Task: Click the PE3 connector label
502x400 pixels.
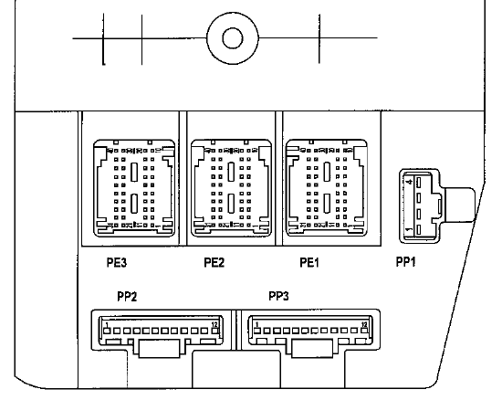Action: pyautogui.click(x=117, y=263)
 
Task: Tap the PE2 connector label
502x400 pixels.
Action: pyautogui.click(x=214, y=263)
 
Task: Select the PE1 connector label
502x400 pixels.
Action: pyautogui.click(x=309, y=263)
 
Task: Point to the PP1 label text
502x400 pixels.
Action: pyautogui.click(x=405, y=262)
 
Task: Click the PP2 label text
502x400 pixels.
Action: pyautogui.click(x=127, y=297)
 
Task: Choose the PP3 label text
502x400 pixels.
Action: pyautogui.click(x=278, y=296)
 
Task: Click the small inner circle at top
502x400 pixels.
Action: pyautogui.click(x=233, y=38)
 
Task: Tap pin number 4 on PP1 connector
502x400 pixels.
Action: pyautogui.click(x=409, y=183)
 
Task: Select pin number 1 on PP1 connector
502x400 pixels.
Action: pyautogui.click(x=409, y=229)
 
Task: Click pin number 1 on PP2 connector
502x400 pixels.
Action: pyautogui.click(x=107, y=325)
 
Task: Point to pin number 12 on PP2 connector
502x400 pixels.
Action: pyautogui.click(x=214, y=325)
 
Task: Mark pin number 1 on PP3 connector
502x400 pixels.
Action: pyautogui.click(x=257, y=325)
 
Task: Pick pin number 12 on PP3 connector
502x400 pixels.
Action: pyautogui.click(x=364, y=325)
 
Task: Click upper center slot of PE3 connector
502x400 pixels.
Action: pyautogui.click(x=134, y=172)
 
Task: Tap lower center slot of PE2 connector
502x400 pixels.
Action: pyautogui.click(x=231, y=204)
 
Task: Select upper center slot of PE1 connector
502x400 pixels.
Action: pyautogui.click(x=327, y=172)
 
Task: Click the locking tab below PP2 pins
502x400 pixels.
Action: pyautogui.click(x=159, y=349)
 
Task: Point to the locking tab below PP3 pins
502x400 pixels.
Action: pyautogui.click(x=312, y=349)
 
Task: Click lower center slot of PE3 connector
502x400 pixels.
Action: pyautogui.click(x=134, y=204)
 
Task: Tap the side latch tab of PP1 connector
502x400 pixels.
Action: pyautogui.click(x=459, y=205)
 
